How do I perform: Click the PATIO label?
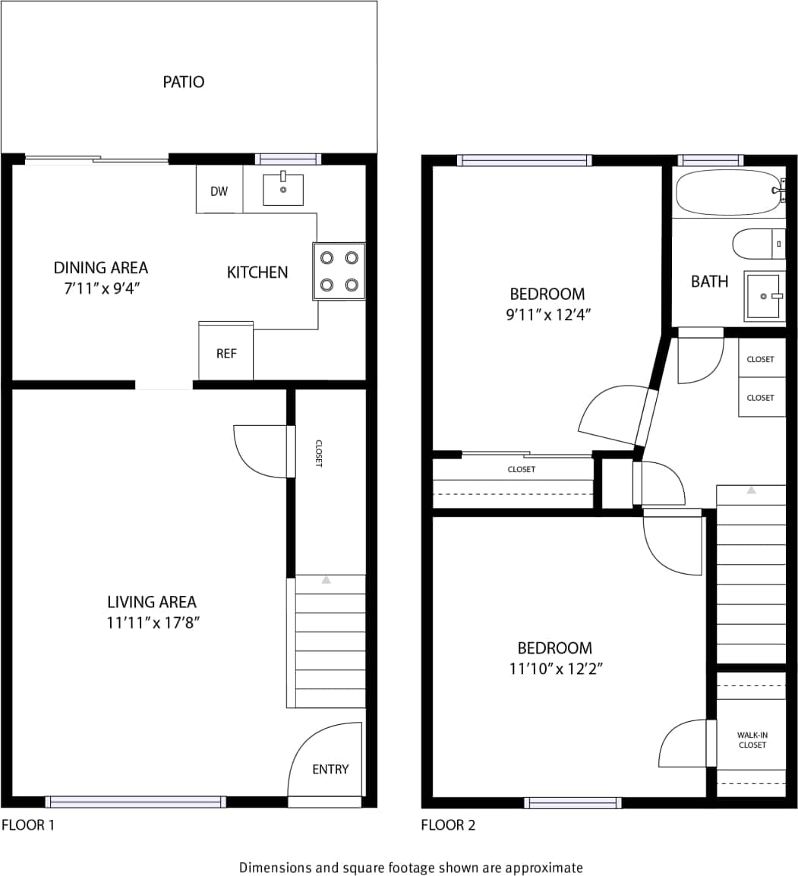[x=184, y=82]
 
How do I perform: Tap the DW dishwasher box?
[x=219, y=191]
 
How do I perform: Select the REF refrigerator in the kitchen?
[x=226, y=353]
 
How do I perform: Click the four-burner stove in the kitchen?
[x=339, y=271]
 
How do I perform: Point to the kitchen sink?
[x=282, y=189]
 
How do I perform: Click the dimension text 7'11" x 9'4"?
[x=100, y=288]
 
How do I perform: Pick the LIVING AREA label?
[x=152, y=602]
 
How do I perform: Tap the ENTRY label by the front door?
[x=330, y=769]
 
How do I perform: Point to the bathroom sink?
[x=763, y=295]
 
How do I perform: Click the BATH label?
[x=710, y=282]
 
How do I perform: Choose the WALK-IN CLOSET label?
[x=752, y=740]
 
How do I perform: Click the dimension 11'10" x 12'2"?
[x=555, y=669]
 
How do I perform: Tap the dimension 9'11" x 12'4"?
[x=548, y=314]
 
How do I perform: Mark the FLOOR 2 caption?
[x=448, y=825]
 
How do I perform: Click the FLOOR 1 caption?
[x=28, y=825]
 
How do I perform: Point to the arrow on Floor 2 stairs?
[x=751, y=490]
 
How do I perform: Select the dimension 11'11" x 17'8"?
[x=153, y=623]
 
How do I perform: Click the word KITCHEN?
[x=257, y=272]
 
